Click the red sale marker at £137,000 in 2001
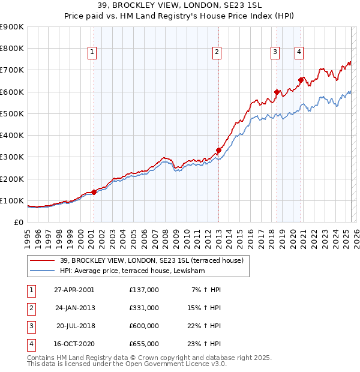coord(94,193)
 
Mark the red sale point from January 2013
coord(218,151)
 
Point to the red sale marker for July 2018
coord(277,92)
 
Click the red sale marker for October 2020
coord(301,80)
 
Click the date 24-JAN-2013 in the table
coord(75,308)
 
